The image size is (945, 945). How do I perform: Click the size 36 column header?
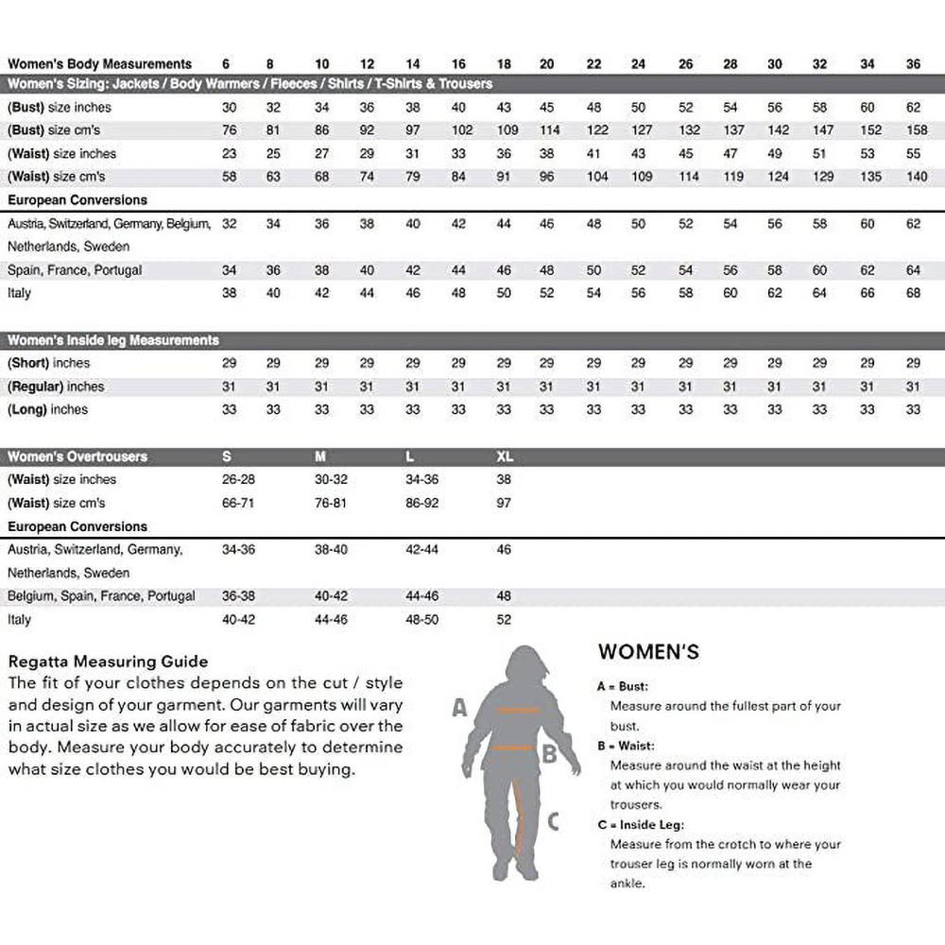click(x=913, y=64)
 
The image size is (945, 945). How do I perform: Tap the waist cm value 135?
click(x=868, y=177)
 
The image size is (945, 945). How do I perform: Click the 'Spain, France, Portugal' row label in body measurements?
click(x=75, y=270)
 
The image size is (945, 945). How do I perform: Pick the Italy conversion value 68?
click(x=913, y=293)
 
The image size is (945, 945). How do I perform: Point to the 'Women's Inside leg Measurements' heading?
click(x=113, y=340)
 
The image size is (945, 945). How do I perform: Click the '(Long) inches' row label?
click(x=48, y=410)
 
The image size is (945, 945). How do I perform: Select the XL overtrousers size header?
click(x=505, y=456)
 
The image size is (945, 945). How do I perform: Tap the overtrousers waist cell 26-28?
click(x=237, y=480)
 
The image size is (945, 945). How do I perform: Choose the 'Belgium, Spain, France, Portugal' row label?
click(x=102, y=596)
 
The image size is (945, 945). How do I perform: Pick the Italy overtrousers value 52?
click(x=504, y=620)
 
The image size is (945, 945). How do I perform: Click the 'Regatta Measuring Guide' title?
click(x=108, y=661)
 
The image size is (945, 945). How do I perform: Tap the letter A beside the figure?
click(x=460, y=707)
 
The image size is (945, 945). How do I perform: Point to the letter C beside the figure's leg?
click(x=553, y=821)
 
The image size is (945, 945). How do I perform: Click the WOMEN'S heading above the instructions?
click(x=648, y=652)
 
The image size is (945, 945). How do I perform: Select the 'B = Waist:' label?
click(x=625, y=747)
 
